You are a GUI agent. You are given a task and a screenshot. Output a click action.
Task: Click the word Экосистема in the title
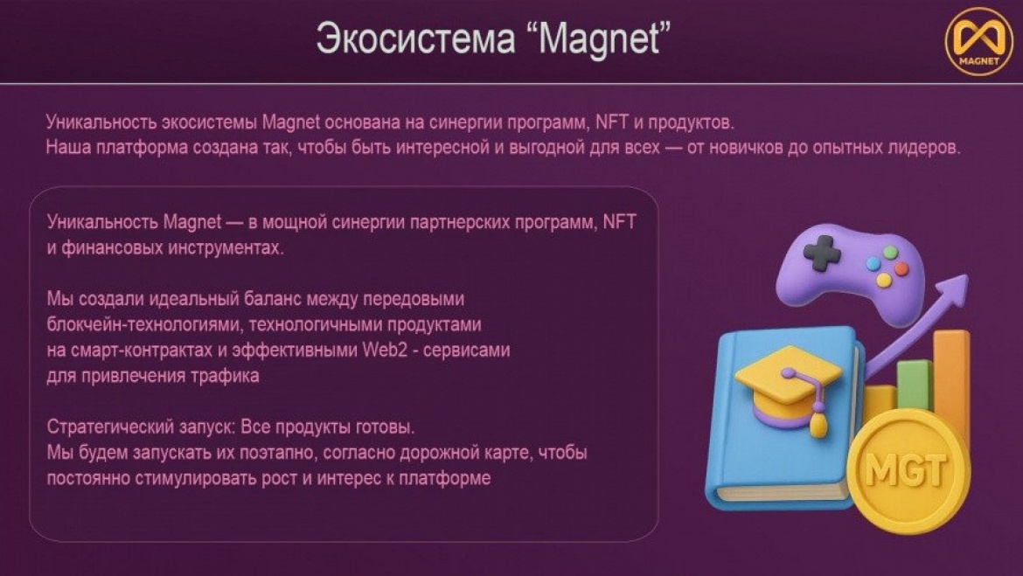pyautogui.click(x=415, y=38)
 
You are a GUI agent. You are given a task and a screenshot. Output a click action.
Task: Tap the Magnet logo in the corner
pyautogui.click(x=978, y=40)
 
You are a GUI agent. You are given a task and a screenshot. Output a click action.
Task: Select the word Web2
pyautogui.click(x=385, y=350)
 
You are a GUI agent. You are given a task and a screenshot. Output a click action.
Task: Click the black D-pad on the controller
pyautogui.click(x=821, y=253)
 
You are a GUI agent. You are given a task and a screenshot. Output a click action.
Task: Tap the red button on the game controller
pyautogui.click(x=901, y=268)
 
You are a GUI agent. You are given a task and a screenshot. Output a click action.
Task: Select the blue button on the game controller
pyautogui.click(x=873, y=264)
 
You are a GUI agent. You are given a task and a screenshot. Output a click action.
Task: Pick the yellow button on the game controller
pyautogui.click(x=884, y=280)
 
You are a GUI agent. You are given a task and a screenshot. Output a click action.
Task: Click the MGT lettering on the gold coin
pyautogui.click(x=906, y=469)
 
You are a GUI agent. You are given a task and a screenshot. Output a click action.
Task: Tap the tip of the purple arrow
pyautogui.click(x=968, y=276)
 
